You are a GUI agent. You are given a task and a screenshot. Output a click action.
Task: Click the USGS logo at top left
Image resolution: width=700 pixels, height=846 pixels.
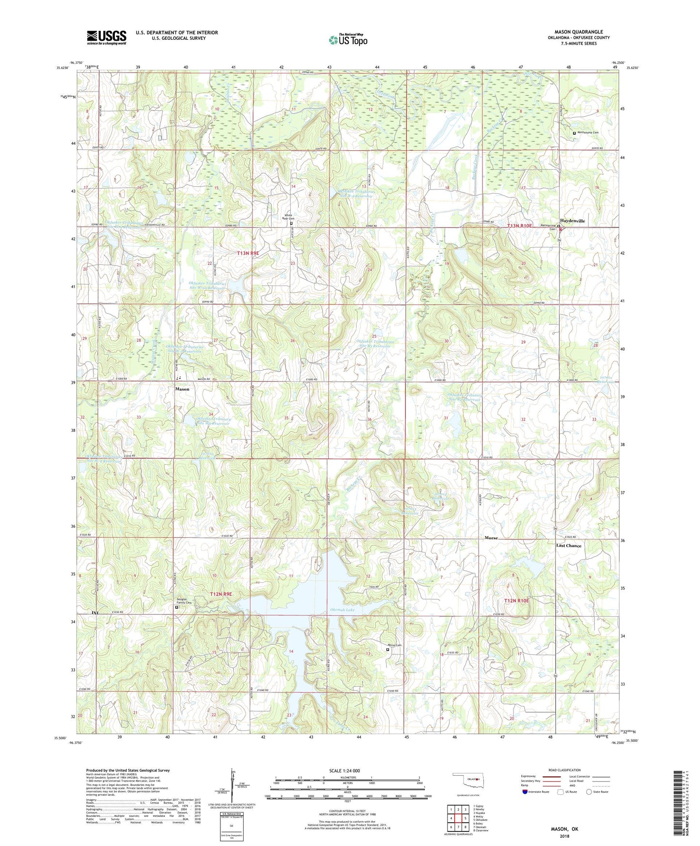pos(106,37)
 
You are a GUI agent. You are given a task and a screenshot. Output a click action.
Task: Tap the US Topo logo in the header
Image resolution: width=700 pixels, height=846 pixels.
pos(348,40)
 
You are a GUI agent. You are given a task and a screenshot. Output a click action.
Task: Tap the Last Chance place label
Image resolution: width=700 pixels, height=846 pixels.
pos(569,546)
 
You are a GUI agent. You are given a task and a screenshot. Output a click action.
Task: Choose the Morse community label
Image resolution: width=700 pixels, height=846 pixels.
pos(491,538)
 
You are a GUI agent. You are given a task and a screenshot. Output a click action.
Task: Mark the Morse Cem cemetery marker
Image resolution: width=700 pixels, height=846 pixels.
pos(388,650)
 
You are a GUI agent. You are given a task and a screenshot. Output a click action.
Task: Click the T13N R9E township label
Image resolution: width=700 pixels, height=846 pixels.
pos(248,253)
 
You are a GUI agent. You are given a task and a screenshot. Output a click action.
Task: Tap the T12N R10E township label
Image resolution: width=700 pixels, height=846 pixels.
pos(516,600)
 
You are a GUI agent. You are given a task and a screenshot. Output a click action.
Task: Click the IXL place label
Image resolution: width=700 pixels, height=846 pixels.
pos(95,613)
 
